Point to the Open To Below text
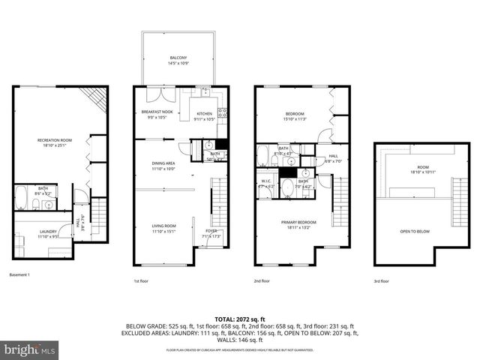pyautogui.click(x=415, y=231)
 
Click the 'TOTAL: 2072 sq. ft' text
pyautogui.click(x=240, y=319)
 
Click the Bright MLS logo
pyautogui.click(x=29, y=350)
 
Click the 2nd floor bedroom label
pyautogui.click(x=294, y=115)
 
